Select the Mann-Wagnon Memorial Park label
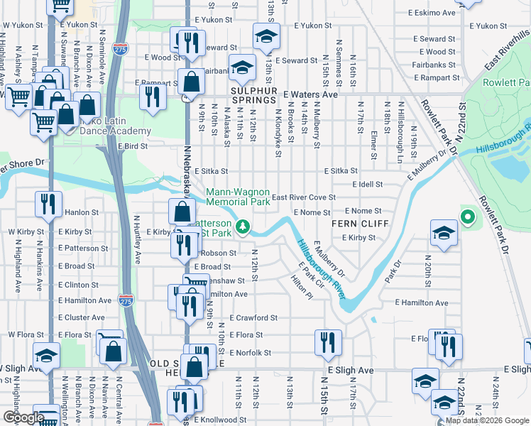pyautogui.click(x=239, y=197)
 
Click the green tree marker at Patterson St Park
pyautogui.click(x=243, y=226)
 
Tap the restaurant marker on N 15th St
pyautogui.click(x=328, y=342)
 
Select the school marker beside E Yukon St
pyautogui.click(x=266, y=35)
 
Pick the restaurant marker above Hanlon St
pyautogui.click(x=48, y=204)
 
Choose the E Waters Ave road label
pyautogui.click(x=310, y=94)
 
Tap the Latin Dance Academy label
pyautogui.click(x=106, y=126)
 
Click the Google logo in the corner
pyautogui.click(x=23, y=417)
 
